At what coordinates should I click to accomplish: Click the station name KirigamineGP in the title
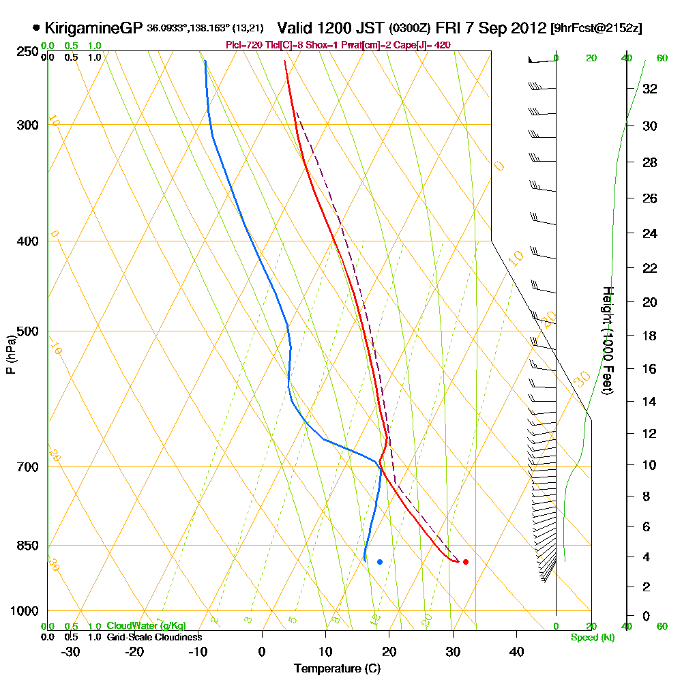click(x=93, y=28)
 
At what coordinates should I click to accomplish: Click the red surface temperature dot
click(x=466, y=562)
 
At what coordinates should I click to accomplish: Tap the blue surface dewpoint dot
click(x=380, y=562)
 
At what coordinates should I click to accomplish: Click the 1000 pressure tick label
click(x=25, y=611)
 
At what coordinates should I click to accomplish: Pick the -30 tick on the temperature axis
click(x=71, y=651)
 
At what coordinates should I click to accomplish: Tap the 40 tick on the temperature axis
click(x=516, y=651)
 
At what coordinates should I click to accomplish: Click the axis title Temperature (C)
click(x=337, y=669)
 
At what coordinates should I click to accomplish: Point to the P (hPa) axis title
click(x=10, y=354)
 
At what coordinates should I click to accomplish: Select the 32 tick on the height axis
click(x=650, y=88)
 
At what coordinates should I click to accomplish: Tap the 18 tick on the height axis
click(x=650, y=336)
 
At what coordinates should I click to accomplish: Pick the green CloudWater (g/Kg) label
click(x=146, y=626)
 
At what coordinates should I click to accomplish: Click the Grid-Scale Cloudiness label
click(x=154, y=637)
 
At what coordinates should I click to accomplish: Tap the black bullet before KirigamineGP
click(x=36, y=28)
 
